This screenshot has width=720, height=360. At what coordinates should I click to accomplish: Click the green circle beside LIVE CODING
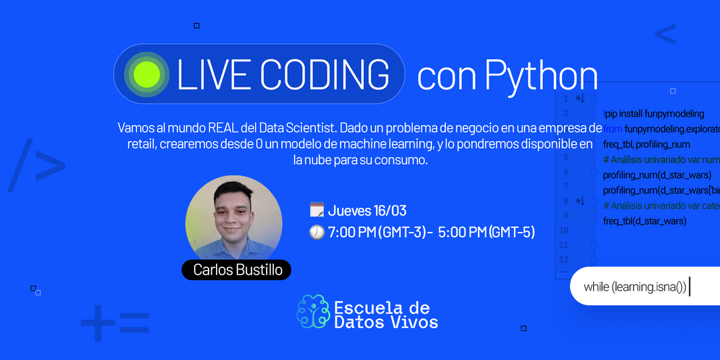(x=146, y=73)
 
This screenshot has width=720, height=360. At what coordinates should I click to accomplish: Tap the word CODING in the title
(x=325, y=75)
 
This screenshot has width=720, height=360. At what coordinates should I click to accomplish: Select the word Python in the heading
(x=541, y=76)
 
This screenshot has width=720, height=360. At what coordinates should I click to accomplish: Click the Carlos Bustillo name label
(x=237, y=270)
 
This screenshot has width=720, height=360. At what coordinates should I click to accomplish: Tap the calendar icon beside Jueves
(x=317, y=211)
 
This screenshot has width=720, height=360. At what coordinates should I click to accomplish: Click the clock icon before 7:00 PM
(x=317, y=232)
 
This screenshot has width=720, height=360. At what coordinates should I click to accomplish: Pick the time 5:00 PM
(x=461, y=232)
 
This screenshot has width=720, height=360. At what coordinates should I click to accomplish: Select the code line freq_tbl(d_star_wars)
(x=645, y=221)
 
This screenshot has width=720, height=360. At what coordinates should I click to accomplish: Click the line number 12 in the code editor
(x=564, y=259)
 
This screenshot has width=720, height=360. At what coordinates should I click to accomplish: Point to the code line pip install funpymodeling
(x=653, y=114)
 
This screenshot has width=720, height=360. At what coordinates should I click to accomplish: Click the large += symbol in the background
(x=115, y=322)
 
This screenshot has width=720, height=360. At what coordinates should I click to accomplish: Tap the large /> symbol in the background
(x=37, y=165)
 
